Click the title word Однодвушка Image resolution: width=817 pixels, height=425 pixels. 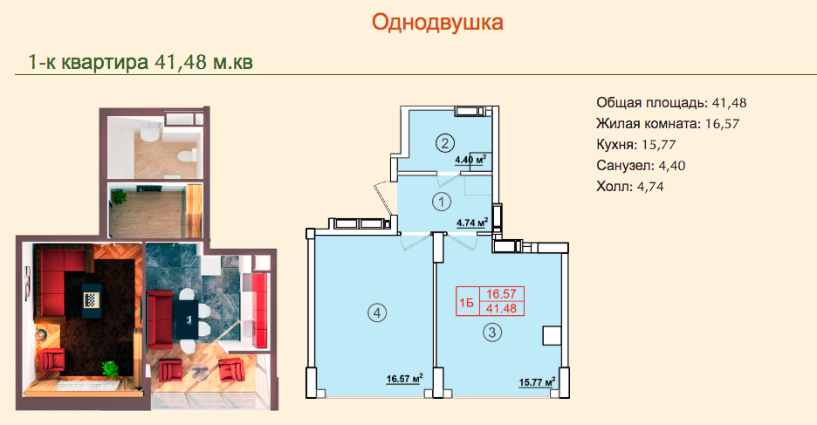[x=437, y=23]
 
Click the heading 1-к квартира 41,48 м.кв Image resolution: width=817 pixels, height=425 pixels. [x=141, y=63]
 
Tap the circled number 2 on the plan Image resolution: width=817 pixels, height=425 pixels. [x=444, y=142]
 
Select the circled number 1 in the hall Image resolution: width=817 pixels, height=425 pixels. [x=442, y=202]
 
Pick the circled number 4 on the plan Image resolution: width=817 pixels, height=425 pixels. [x=377, y=313]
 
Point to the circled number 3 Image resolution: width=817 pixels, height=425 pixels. [x=492, y=332]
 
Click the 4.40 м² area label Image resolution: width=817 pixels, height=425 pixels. [x=471, y=160]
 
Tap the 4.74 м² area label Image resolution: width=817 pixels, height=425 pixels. [x=472, y=223]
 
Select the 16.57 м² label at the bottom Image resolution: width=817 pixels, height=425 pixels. [x=404, y=379]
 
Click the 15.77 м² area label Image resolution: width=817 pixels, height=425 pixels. [x=537, y=382]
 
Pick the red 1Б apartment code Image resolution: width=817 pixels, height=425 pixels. [x=467, y=303]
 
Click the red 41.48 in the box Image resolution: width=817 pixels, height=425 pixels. [x=501, y=308]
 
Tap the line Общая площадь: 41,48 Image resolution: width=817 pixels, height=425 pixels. [x=671, y=103]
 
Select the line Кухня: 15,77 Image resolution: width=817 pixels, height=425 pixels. [x=635, y=144]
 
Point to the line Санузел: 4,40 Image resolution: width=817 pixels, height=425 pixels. [x=641, y=166]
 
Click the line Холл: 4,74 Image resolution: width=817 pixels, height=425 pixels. [x=629, y=187]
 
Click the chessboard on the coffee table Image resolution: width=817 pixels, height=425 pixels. [x=90, y=300]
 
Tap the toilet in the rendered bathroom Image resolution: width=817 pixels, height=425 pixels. [x=187, y=155]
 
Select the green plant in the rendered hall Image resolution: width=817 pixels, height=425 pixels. [x=119, y=196]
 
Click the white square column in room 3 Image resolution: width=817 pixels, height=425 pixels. [x=552, y=335]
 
